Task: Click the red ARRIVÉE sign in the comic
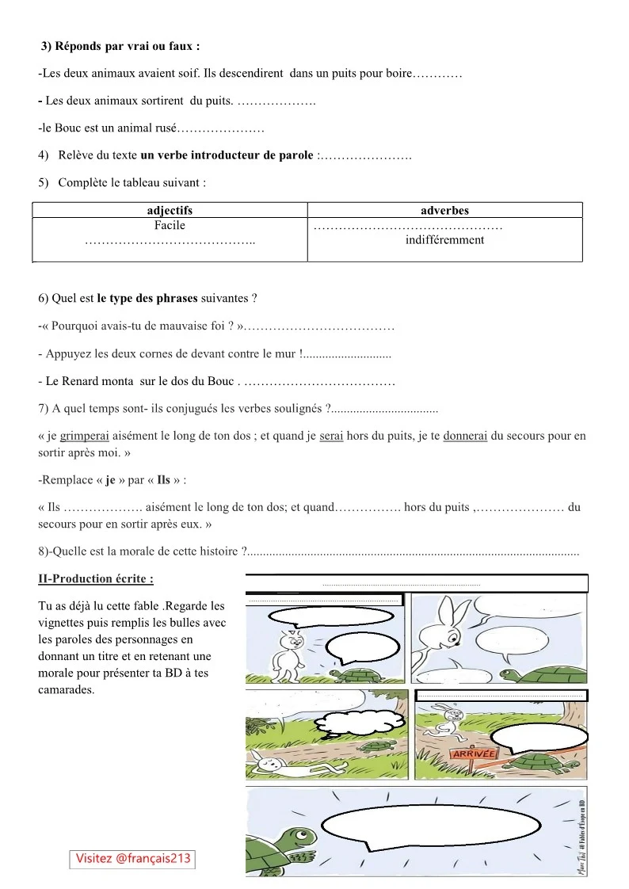tap(474, 754)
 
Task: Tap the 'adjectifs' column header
tap(170, 211)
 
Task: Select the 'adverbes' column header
tap(444, 211)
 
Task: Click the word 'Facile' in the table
tap(170, 225)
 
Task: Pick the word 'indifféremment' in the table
tap(444, 239)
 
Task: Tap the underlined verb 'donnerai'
tap(466, 436)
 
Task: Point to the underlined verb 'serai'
tap(331, 436)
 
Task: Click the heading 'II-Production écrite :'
tap(96, 579)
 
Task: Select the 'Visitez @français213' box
tap(133, 858)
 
